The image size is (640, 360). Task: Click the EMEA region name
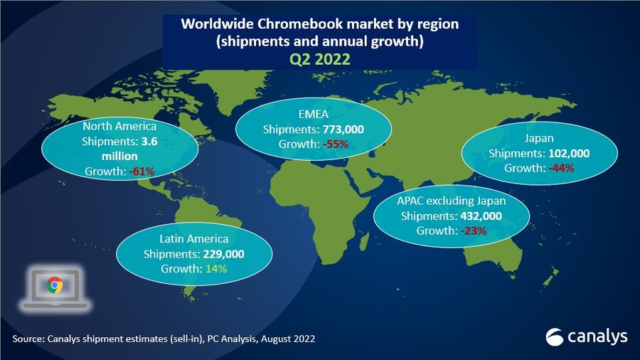click(313, 115)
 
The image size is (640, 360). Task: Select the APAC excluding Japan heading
click(452, 201)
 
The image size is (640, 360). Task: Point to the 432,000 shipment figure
click(479, 216)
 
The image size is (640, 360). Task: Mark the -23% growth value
click(471, 231)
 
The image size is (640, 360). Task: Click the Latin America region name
click(193, 240)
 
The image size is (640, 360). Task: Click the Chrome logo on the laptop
click(55, 286)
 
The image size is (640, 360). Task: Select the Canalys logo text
click(596, 336)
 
